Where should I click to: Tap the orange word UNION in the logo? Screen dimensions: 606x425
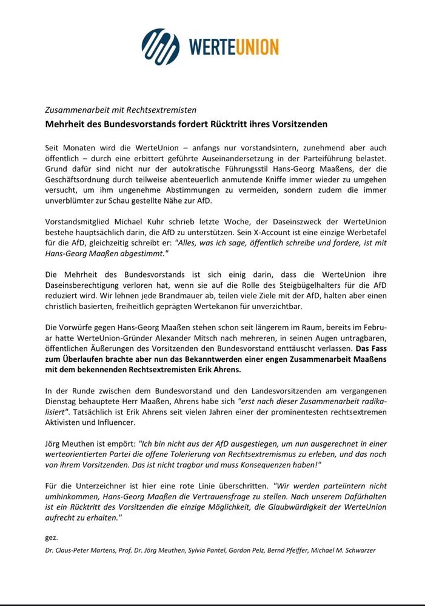pos(253,47)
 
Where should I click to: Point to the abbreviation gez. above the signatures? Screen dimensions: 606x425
pos(51,538)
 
